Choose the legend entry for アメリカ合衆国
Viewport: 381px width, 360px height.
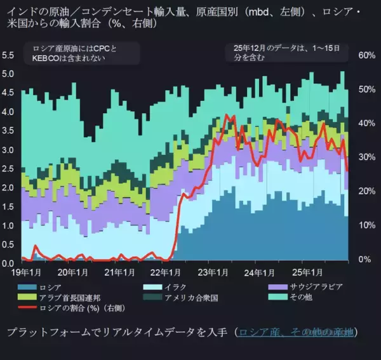191,297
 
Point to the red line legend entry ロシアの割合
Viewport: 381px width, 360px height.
77,308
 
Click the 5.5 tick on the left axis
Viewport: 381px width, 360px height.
8,55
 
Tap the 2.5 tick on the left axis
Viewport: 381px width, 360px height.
8,169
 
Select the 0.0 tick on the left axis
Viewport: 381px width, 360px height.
8,263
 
